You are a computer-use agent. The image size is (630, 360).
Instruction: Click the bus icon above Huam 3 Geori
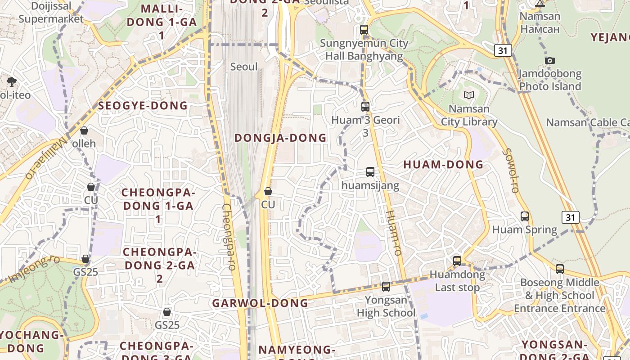click(x=365, y=107)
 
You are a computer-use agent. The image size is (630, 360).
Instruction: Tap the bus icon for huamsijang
click(x=370, y=172)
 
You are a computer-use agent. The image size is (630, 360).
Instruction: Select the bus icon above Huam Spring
click(x=525, y=216)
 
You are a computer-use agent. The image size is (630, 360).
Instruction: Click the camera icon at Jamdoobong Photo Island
click(x=549, y=60)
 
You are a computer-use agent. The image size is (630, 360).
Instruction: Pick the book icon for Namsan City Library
click(x=469, y=95)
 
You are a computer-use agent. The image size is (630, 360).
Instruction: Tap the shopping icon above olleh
click(x=84, y=130)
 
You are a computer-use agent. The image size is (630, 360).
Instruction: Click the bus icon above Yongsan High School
click(x=386, y=287)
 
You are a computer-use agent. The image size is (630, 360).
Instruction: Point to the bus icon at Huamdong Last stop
click(x=457, y=261)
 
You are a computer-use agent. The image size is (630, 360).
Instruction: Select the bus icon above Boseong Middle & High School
click(x=560, y=269)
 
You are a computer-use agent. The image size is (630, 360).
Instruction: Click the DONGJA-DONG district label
click(x=280, y=138)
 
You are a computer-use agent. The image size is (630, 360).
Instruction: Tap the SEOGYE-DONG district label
click(x=143, y=106)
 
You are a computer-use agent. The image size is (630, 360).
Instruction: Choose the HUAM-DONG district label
click(x=443, y=165)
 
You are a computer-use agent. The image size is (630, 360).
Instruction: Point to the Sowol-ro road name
click(x=512, y=171)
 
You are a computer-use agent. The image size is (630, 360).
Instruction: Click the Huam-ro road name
click(x=393, y=233)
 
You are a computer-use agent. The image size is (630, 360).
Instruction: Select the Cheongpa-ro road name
click(x=229, y=237)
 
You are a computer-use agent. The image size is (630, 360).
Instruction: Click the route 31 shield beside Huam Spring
click(x=570, y=217)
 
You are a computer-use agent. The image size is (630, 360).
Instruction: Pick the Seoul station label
click(x=244, y=67)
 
